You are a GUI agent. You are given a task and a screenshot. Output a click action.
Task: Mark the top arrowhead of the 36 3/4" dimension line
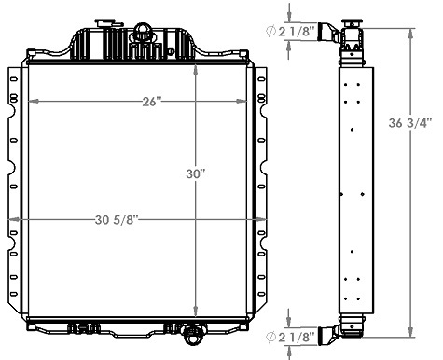click(411, 30)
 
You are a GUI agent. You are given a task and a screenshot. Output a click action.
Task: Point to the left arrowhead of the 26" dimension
click(32, 101)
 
